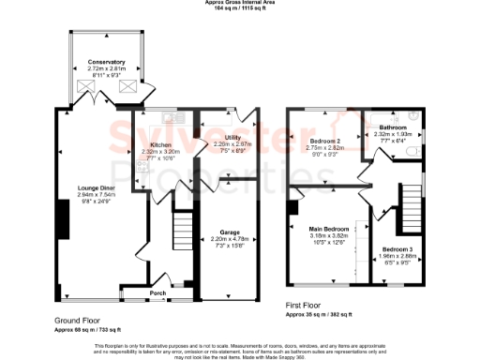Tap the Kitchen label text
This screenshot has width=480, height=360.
click(160, 145)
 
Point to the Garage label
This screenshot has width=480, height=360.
click(229, 231)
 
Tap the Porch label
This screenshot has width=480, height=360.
click(157, 292)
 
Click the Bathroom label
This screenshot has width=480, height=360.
click(392, 127)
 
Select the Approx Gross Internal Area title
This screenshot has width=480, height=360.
click(239, 3)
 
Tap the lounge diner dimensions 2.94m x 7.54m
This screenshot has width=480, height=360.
click(96, 194)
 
